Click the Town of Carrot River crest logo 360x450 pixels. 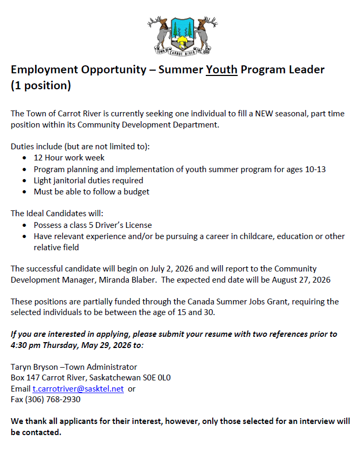point(182,35)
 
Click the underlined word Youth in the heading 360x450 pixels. point(222,70)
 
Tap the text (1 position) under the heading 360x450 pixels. point(41,85)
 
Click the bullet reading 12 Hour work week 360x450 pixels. point(69,157)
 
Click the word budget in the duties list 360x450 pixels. point(137,191)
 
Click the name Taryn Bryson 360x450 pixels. point(33,367)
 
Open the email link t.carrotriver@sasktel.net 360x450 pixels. point(78,388)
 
